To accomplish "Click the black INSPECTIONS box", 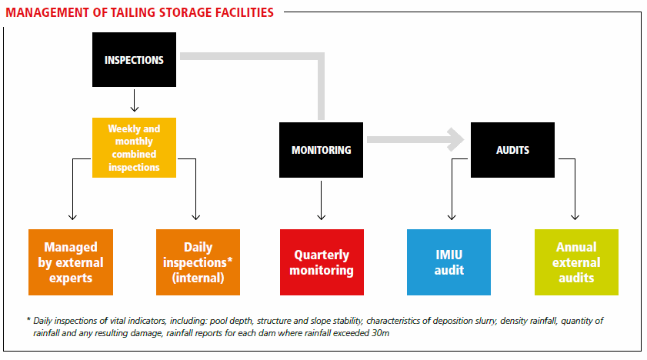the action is pos(134,60).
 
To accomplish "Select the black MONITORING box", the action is pos(321,150).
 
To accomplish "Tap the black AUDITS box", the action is pos(512,150).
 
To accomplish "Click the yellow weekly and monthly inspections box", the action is pos(134,148).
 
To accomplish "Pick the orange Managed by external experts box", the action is pos(71,262).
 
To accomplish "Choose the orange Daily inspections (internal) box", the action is pos(198,262).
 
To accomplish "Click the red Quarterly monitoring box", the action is pos(322,262).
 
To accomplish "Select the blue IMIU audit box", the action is pos(449,262).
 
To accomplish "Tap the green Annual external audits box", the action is pos(576,262).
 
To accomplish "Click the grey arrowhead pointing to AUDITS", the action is pos(456,140).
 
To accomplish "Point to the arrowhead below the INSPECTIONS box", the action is pos(135,108).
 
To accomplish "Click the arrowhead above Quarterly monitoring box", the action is pos(322,216).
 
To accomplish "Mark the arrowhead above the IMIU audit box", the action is pos(452,216).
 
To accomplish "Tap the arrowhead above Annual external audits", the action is pos(575,216).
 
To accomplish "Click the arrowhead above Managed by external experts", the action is pos(72,216).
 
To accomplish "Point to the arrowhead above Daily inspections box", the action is pos(196,216).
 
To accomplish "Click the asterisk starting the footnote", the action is pos(28,319).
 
